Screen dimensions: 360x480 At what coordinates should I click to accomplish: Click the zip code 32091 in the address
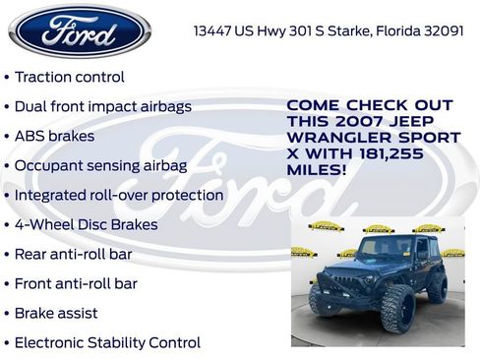442,30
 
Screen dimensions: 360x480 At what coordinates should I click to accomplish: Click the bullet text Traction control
70,76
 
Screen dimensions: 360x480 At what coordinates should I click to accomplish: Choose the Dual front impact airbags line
103,106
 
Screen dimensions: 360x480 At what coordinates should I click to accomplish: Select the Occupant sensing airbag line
100,165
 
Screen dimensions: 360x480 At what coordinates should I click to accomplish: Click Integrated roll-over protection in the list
119,195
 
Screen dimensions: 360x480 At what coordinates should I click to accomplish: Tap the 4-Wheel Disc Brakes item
87,224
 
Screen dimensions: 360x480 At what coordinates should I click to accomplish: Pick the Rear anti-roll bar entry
74,254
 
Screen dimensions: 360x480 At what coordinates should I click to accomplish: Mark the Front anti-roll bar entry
76,283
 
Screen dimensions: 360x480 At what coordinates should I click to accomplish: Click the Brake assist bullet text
56,313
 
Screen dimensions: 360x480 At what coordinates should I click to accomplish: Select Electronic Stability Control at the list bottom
107,342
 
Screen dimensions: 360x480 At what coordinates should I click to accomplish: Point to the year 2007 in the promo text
353,122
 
